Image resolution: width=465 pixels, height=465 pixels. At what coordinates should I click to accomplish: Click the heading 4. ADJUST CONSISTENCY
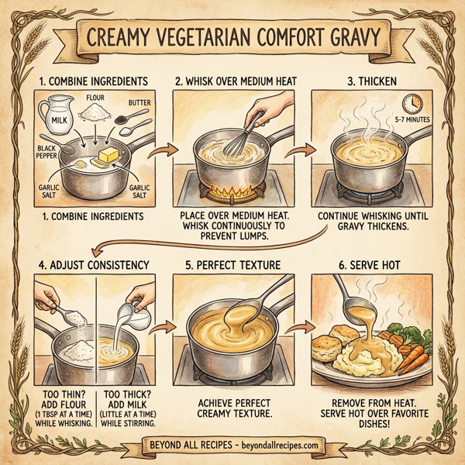tap(93, 264)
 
